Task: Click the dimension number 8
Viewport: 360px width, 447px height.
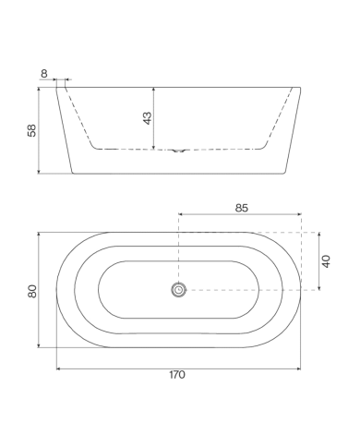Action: point(44,74)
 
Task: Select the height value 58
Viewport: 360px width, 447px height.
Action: point(31,130)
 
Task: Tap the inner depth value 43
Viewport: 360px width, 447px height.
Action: point(148,118)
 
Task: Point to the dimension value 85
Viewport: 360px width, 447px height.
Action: point(242,208)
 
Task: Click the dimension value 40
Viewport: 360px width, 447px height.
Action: point(326,261)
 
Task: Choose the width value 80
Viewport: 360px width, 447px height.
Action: point(32,291)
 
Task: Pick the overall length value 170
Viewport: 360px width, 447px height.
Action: point(177,375)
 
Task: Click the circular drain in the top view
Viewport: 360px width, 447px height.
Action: point(178,290)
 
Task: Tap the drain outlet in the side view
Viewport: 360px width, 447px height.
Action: point(178,151)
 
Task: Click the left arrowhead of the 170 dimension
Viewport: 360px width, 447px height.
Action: point(58,368)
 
